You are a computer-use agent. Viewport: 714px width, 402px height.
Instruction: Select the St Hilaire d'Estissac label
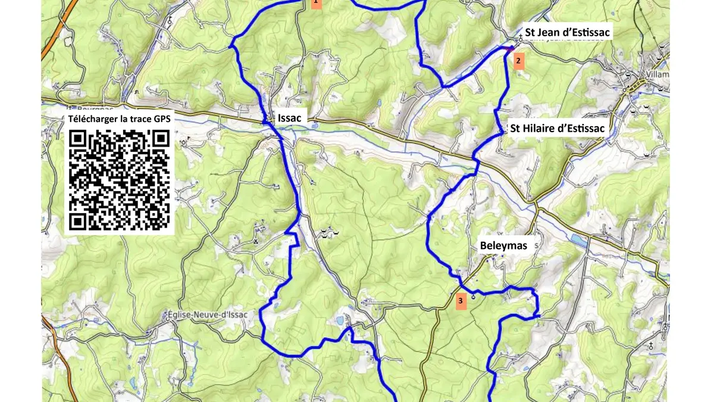click(x=556, y=128)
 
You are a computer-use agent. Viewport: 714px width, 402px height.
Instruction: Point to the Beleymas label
click(x=503, y=245)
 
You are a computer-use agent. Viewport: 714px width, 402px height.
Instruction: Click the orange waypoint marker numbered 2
click(x=518, y=61)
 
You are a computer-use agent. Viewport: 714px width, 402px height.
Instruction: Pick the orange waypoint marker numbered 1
click(x=316, y=3)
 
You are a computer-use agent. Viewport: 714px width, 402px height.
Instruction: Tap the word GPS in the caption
click(x=161, y=119)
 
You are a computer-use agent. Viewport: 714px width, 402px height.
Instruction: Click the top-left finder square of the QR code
click(x=78, y=139)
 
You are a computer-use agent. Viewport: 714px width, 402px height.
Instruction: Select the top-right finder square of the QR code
click(x=160, y=139)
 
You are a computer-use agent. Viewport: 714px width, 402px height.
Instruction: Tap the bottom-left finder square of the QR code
click(x=78, y=221)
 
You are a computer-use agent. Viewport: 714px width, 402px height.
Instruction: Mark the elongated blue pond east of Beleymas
click(x=577, y=239)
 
